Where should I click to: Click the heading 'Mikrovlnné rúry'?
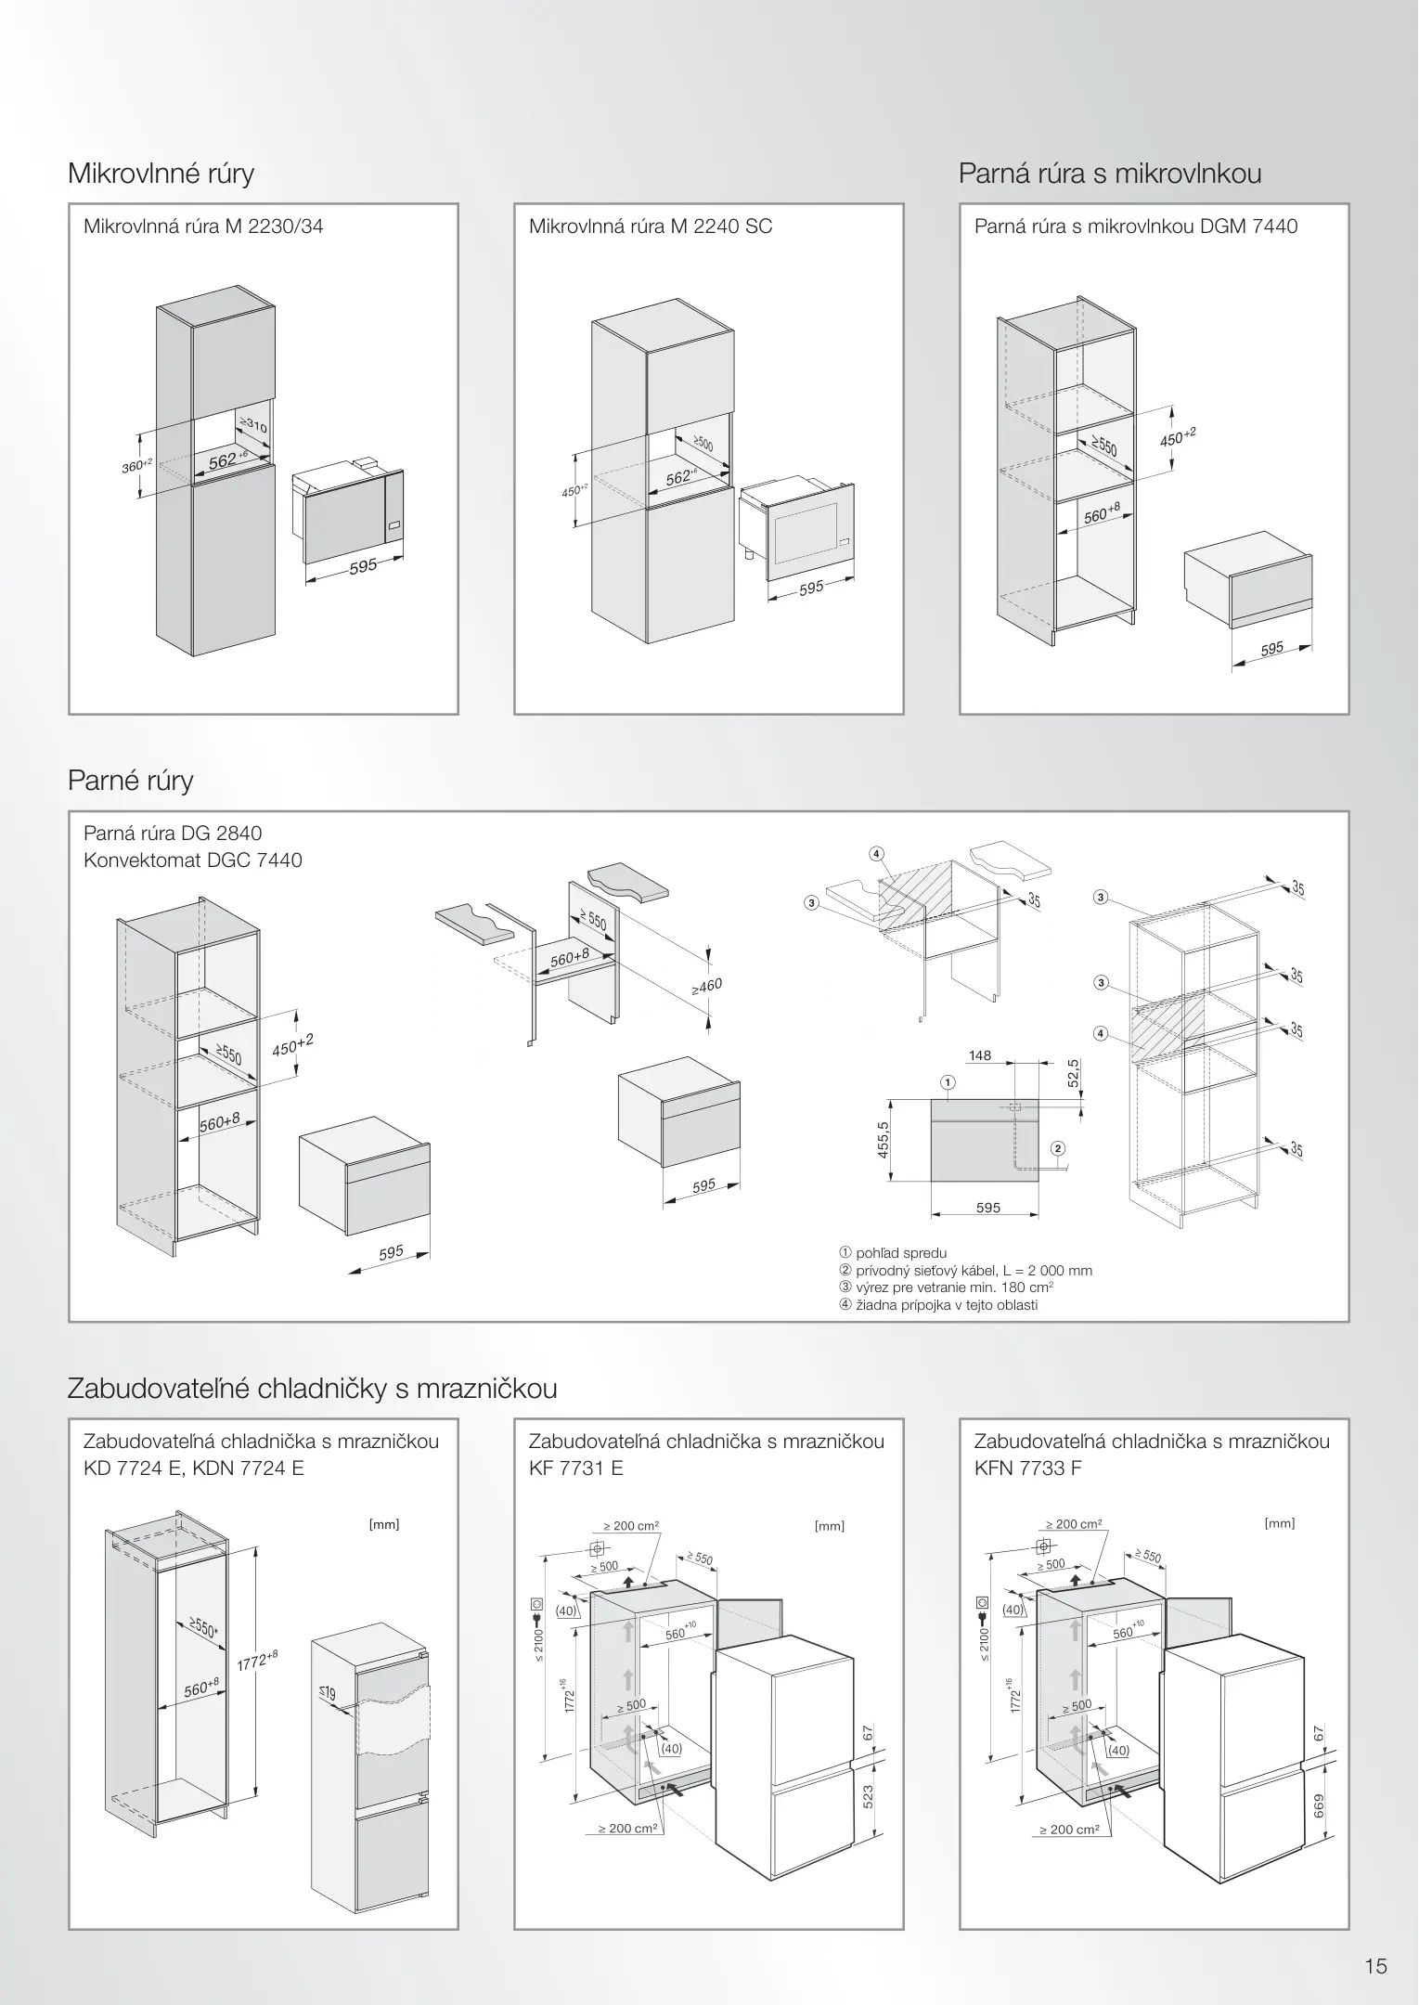[x=161, y=174]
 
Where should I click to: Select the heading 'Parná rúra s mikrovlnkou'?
[x=1109, y=174]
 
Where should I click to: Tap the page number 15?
[x=1375, y=1965]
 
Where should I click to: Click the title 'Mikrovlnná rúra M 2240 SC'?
[x=650, y=226]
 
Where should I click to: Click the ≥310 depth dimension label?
[x=253, y=425]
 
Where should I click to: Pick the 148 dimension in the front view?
[x=979, y=1055]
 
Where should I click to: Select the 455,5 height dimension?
[x=884, y=1140]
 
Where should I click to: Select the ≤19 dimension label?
[x=327, y=1694]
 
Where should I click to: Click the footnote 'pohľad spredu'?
[x=900, y=1253]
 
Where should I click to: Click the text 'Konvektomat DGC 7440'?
[x=193, y=860]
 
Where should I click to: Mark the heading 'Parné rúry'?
[x=131, y=781]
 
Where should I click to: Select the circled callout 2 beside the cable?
[x=1058, y=1148]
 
